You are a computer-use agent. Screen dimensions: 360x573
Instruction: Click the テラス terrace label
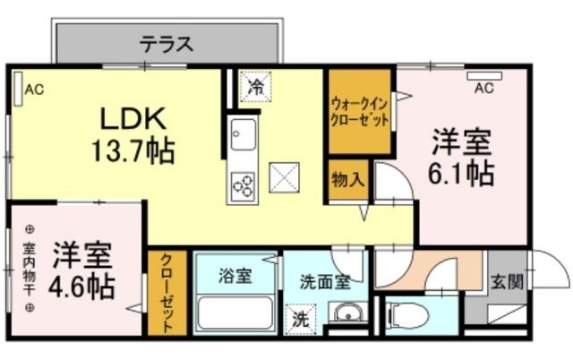coord(167,44)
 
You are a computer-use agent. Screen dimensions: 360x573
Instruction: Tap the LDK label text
coord(133,120)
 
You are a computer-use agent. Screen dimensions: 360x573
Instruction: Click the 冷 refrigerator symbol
coord(256,88)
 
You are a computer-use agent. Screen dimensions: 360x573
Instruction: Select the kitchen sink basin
coord(242,137)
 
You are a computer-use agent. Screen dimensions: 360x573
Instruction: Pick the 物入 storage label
coord(346,177)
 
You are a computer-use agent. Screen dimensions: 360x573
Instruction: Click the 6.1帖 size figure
coord(461,172)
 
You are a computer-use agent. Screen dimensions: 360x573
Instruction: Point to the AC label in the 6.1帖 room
coord(483,88)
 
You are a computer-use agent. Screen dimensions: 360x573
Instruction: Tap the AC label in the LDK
coord(34,89)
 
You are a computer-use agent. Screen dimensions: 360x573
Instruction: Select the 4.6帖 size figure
coord(81,287)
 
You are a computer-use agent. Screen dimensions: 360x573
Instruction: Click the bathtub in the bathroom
coord(235,314)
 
